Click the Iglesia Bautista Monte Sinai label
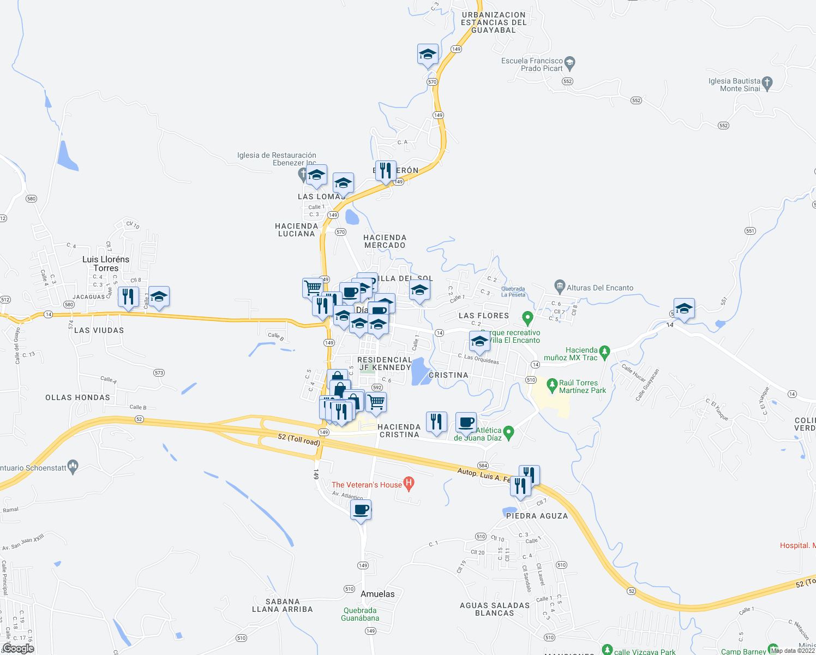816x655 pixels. pyautogui.click(x=734, y=85)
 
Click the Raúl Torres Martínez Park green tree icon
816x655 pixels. pyautogui.click(x=553, y=386)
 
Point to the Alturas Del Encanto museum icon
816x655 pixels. pyautogui.click(x=559, y=285)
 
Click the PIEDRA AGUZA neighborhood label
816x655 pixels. pyautogui.click(x=537, y=516)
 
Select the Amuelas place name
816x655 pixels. pyautogui.click(x=377, y=594)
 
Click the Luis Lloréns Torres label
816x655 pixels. pyautogui.click(x=106, y=264)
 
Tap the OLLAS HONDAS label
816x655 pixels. pyautogui.click(x=78, y=397)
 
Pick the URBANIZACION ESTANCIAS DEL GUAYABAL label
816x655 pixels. pyautogui.click(x=494, y=22)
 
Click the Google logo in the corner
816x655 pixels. pyautogui.click(x=18, y=648)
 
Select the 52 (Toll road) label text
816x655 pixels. pyautogui.click(x=298, y=439)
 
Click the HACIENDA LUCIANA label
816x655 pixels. pyautogui.click(x=296, y=230)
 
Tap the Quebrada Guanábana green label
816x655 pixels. pyautogui.click(x=360, y=614)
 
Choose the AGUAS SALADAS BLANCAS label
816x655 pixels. pyautogui.click(x=495, y=609)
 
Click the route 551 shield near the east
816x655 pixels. pyautogui.click(x=750, y=231)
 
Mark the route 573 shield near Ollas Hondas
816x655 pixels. pyautogui.click(x=159, y=373)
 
